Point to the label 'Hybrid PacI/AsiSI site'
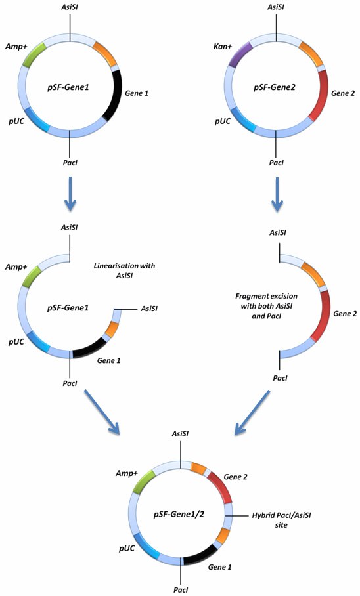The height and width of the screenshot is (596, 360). [x=277, y=521]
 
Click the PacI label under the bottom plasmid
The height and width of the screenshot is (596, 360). [x=181, y=589]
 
